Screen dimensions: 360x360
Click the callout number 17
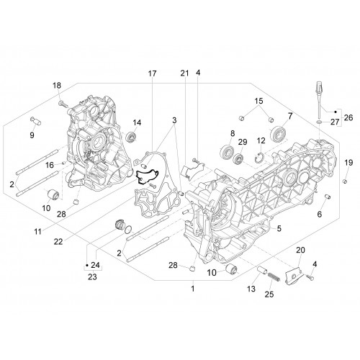pyautogui.click(x=152, y=73)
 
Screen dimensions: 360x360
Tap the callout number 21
pyautogui.click(x=184, y=73)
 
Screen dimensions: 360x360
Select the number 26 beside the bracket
pyautogui.click(x=348, y=117)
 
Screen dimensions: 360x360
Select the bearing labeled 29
pyautogui.click(x=238, y=158)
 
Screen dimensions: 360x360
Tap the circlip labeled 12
pyautogui.click(x=258, y=157)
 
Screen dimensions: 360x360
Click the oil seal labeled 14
pyautogui.click(x=132, y=136)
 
